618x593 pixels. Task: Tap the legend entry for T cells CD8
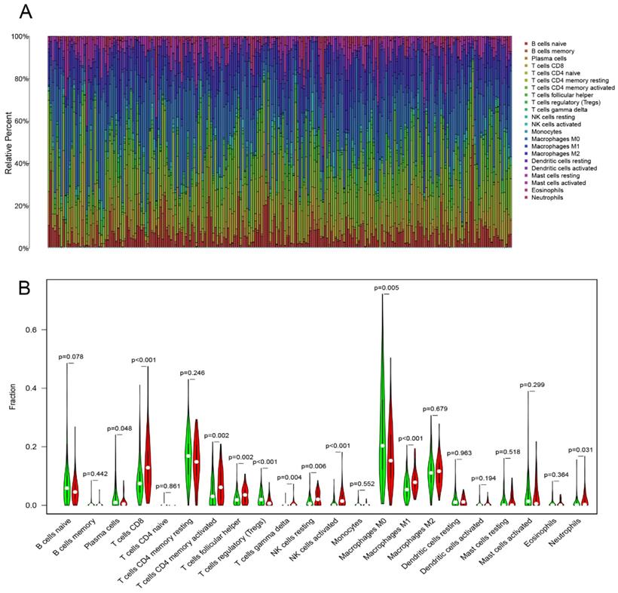(546, 65)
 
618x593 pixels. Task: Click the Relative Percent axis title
(10, 142)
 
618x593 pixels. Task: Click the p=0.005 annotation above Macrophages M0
(387, 288)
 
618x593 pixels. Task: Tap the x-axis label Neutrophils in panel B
(571, 532)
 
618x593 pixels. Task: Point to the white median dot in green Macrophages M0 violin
(382, 446)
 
